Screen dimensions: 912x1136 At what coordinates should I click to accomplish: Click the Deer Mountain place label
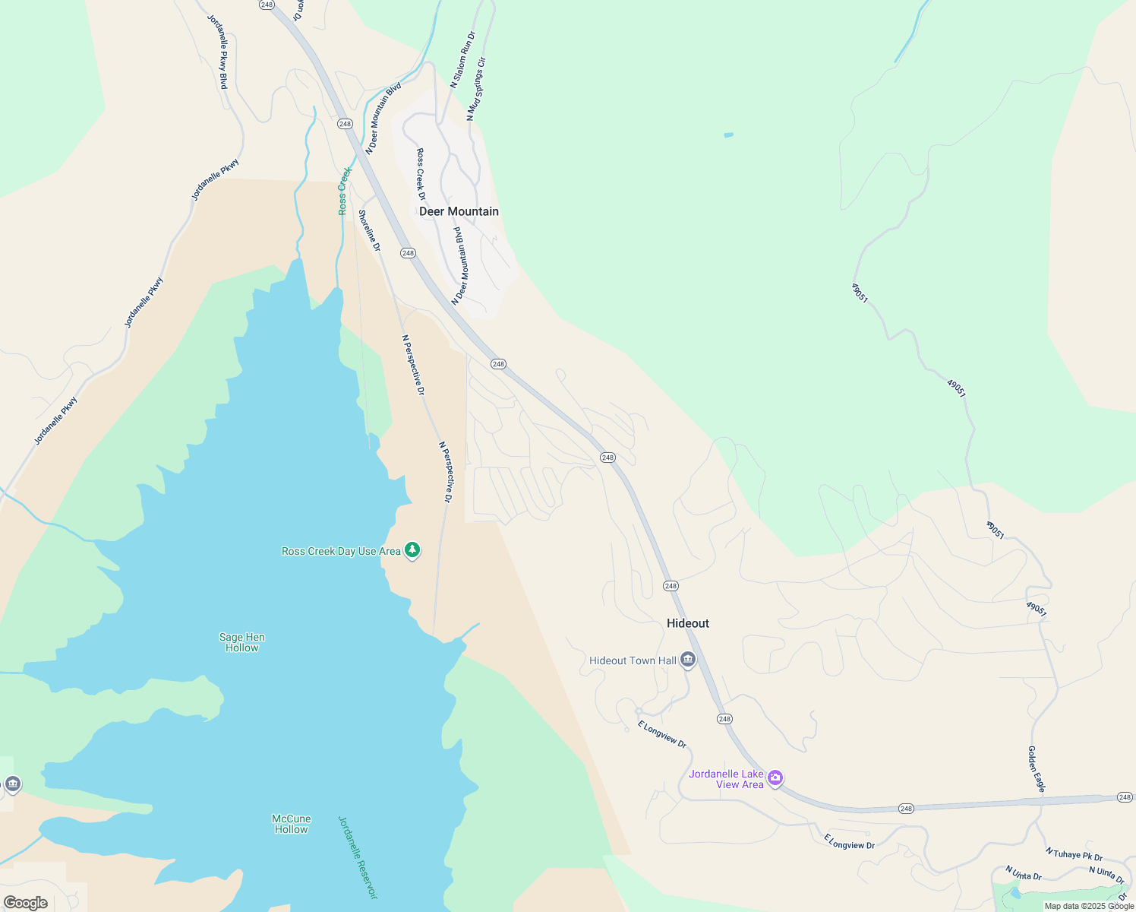pos(459,211)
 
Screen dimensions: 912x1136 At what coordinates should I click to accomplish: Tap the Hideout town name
pos(687,623)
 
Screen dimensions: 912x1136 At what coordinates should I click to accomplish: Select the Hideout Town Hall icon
pos(688,660)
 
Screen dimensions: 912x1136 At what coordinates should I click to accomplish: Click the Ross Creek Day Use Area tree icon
pos(412,549)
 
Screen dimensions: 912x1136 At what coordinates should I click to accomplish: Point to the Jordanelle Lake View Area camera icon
pos(775,777)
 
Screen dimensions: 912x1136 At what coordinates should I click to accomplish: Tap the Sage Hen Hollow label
pos(241,643)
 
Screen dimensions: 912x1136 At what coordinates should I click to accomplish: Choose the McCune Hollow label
pos(292,824)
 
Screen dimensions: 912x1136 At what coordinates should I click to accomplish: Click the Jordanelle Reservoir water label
pos(357,857)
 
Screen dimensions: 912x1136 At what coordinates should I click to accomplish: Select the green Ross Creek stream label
pos(344,191)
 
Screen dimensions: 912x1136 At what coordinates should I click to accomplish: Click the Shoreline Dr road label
pos(370,230)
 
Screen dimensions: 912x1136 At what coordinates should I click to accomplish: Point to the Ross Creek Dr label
pos(421,174)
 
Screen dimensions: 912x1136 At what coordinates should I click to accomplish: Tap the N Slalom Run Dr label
pos(462,60)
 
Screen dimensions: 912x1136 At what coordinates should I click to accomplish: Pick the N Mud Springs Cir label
pos(475,89)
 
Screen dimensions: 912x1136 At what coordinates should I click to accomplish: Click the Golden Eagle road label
pos(1037,769)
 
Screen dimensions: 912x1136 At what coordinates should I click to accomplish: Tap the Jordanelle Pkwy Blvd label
pos(218,51)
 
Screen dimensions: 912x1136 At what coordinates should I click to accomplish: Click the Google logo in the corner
pos(26,903)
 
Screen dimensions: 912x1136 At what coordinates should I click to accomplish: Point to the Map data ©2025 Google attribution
pos(1088,906)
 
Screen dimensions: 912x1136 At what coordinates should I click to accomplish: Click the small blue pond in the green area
pos(728,135)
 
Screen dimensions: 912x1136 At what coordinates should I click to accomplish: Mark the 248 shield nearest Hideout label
pos(670,586)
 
